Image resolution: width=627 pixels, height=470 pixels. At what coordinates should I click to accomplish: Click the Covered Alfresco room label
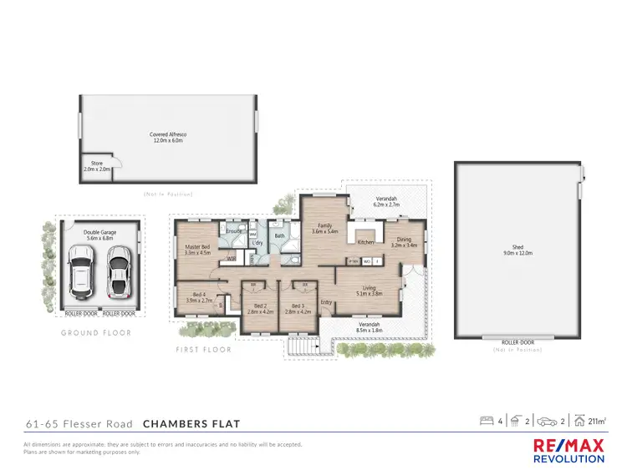click(x=168, y=138)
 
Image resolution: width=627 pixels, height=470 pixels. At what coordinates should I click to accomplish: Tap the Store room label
click(x=96, y=167)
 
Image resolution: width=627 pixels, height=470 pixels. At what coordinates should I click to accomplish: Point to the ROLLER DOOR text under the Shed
click(x=517, y=341)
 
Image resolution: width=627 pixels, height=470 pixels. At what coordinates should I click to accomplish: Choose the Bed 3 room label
click(x=298, y=307)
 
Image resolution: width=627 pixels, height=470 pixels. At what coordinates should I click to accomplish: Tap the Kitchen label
click(x=366, y=242)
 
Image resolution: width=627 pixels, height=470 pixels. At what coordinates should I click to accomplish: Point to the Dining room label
click(x=404, y=241)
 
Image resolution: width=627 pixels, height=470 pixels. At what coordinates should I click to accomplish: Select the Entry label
click(x=326, y=302)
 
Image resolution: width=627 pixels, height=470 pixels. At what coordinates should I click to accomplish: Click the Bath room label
click(x=280, y=236)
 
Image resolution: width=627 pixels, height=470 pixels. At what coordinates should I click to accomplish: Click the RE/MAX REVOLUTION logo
click(x=568, y=451)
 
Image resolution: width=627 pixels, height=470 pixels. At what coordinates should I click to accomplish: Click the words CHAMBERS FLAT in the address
click(x=191, y=424)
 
